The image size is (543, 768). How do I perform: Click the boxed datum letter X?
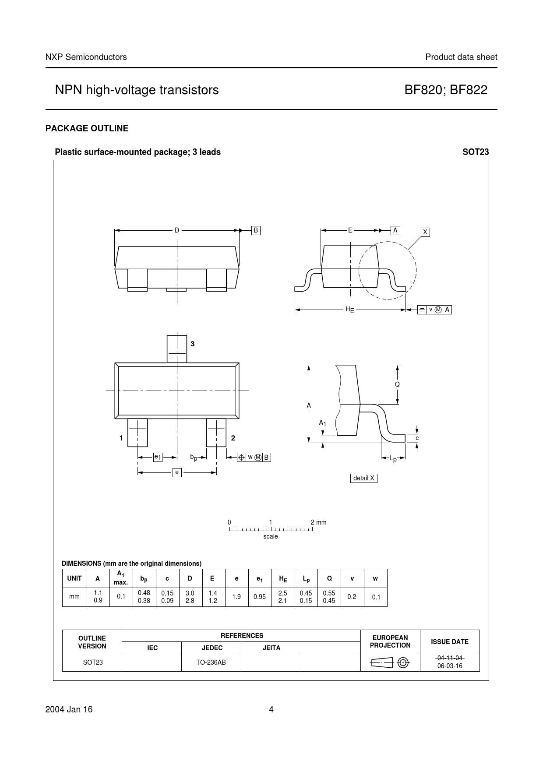pos(425,232)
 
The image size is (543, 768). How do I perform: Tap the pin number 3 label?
pos(192,344)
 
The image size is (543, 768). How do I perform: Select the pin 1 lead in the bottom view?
pos(138,433)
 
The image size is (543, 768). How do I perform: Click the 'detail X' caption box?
pos(364,478)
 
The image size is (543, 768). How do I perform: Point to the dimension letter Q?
pos(397,384)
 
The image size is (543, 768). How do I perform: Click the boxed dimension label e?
pos(177,472)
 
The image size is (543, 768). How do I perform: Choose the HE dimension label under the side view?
pos(349,310)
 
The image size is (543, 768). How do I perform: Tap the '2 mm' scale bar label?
pos(318,522)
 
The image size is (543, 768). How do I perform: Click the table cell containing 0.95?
pos(260,596)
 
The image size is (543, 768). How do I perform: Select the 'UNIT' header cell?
pos(74,578)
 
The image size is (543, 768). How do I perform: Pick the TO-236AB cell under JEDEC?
pos(211,662)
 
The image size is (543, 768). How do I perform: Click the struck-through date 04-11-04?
pos(450,659)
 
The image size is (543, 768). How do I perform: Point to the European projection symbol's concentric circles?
pos(404,663)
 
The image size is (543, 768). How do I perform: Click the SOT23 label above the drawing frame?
pos(476,152)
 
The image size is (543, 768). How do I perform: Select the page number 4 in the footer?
pos(271,709)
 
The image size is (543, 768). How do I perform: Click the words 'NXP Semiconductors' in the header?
pos(86,57)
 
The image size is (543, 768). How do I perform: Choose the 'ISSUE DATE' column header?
pos(450,642)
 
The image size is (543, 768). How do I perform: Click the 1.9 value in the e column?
pos(236,596)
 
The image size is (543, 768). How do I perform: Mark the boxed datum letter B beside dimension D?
pos(256,230)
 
